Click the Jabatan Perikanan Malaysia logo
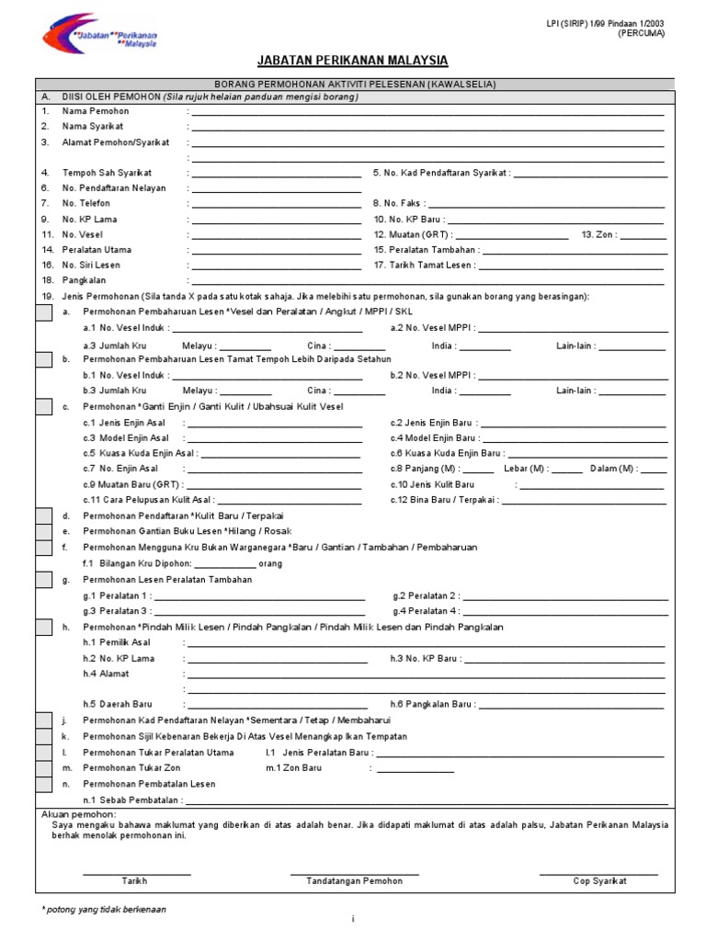(99, 33)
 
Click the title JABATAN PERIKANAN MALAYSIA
(354, 61)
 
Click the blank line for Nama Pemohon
(427, 111)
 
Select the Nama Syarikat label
(93, 127)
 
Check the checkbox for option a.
(43, 312)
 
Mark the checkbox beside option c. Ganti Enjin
(43, 406)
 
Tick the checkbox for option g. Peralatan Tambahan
(43, 579)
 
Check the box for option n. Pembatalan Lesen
(43, 783)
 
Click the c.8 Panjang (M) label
(424, 469)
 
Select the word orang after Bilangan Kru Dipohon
(271, 563)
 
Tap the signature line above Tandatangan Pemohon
(354, 873)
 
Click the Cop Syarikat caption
(599, 881)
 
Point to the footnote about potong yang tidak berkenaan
(104, 910)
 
